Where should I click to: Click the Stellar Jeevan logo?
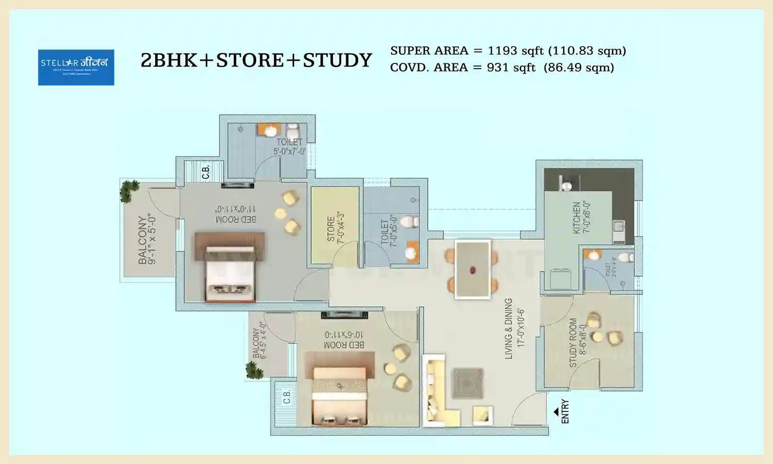coord(76,67)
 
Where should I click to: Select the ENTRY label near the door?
coord(565,411)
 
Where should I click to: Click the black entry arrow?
coord(556,411)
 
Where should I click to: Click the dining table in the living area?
coord(473,269)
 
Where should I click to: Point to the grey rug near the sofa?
coord(467,383)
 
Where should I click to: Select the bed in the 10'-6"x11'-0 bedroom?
coord(339,389)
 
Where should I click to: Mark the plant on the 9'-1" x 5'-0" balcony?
coord(129,191)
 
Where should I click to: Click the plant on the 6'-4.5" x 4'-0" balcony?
coord(254,370)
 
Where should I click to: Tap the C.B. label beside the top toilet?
coord(206,172)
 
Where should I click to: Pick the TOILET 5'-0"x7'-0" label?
coord(290,146)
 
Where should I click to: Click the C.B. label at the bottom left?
coord(287,396)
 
